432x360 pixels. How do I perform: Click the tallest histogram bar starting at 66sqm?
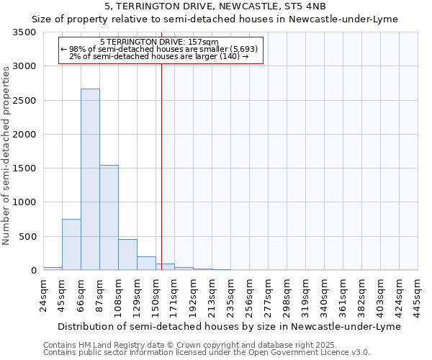point(90,179)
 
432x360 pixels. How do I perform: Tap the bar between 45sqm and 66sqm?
point(71,244)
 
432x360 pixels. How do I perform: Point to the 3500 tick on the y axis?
point(26,33)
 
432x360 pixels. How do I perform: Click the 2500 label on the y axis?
point(26,101)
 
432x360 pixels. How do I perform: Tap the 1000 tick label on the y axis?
point(26,202)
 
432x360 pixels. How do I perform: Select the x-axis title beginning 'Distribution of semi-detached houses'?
point(228,326)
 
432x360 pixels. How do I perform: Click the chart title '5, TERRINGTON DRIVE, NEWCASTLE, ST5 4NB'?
point(215,6)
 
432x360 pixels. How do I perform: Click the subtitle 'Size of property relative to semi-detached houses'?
point(215,19)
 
